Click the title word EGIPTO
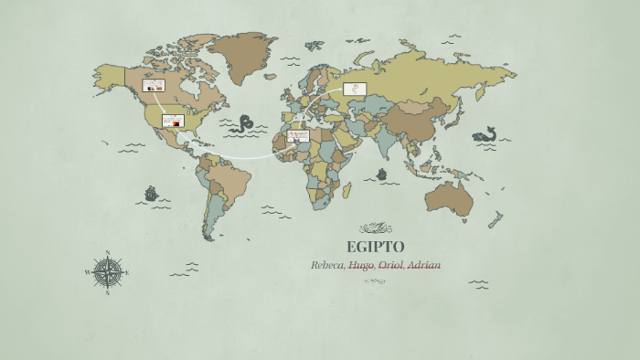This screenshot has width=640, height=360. click(375, 247)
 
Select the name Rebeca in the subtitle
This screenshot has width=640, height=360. click(327, 265)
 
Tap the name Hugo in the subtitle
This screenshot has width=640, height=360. click(361, 265)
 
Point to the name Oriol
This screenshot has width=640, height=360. click(390, 265)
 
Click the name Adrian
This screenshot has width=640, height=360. click(423, 265)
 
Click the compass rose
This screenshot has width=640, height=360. click(107, 271)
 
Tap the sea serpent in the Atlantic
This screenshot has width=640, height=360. click(244, 124)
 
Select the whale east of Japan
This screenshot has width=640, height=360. click(485, 135)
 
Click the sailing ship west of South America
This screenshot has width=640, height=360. click(151, 194)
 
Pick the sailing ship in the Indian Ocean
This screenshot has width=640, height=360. click(381, 174)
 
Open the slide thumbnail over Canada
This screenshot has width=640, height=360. click(153, 85)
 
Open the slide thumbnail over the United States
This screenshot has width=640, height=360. click(173, 121)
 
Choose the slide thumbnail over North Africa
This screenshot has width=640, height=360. click(298, 136)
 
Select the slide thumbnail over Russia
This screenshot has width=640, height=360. click(355, 89)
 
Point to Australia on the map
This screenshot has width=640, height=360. click(448, 196)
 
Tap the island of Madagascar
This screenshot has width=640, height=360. click(347, 190)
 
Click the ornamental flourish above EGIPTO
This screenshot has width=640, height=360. click(375, 228)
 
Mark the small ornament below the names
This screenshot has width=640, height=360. click(375, 281)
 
